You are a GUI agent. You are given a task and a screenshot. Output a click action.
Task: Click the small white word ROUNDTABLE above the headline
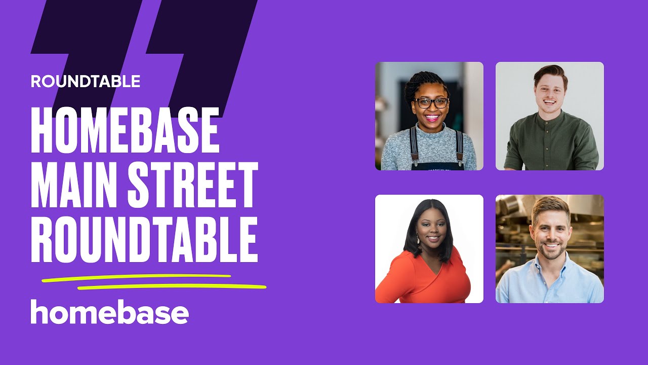point(85,81)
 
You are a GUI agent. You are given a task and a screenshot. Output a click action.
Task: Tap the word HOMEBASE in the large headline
point(125,130)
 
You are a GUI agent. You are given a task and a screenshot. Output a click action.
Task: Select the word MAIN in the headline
point(71,185)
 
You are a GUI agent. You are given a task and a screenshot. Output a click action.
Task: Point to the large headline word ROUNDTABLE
point(144,239)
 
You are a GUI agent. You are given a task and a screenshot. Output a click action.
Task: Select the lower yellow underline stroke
point(172,287)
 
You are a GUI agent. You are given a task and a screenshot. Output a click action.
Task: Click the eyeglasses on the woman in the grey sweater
point(431,102)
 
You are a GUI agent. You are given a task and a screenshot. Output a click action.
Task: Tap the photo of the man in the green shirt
point(550,116)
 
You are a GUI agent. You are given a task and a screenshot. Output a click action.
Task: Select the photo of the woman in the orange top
point(429,249)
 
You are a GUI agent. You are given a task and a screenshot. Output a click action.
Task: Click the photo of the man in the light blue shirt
point(550,249)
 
